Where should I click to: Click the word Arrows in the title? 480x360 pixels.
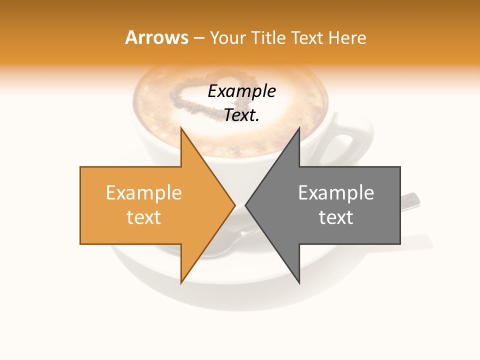[x=156, y=37]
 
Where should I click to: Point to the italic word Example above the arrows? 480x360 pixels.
[x=241, y=91]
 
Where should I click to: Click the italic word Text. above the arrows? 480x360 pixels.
[x=241, y=115]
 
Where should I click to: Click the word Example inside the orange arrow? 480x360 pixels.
[x=143, y=192]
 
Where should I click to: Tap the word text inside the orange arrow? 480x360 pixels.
[x=143, y=217]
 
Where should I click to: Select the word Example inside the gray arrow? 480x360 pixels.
[x=336, y=192]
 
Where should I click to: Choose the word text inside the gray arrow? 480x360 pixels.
[x=336, y=217]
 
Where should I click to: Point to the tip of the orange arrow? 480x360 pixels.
[x=234, y=205]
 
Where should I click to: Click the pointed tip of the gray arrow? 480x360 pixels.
[x=246, y=205]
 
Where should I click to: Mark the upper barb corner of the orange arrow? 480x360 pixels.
[x=181, y=128]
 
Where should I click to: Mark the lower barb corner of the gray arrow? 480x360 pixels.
[x=299, y=283]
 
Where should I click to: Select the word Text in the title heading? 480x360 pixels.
[x=306, y=37]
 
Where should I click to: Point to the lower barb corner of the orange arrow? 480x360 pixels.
[x=181, y=283]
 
